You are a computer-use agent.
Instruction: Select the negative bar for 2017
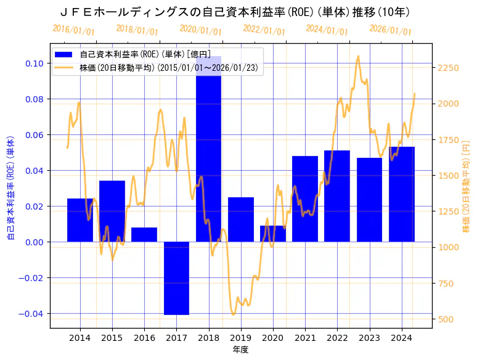coord(176,277)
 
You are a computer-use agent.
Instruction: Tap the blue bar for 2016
coord(144,235)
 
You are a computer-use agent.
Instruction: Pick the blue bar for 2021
coord(305,198)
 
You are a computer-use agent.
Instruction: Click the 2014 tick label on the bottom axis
coord(79,338)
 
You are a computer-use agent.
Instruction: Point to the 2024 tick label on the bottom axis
coord(402,338)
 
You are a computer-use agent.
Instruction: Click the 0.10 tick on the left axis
coord(34,63)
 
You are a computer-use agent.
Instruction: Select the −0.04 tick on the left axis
coord(31,314)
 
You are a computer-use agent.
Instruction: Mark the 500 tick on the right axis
coord(446,319)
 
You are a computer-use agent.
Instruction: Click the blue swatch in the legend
coord(63,54)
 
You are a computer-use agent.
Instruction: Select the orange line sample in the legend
coord(63,67)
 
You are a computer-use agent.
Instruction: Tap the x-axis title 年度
coord(240,350)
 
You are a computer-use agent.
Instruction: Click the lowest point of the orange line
coord(234,314)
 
